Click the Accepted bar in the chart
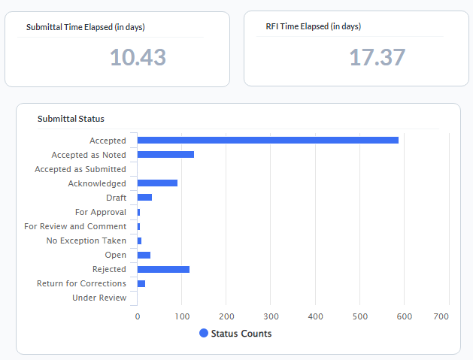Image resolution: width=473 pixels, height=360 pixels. (268, 141)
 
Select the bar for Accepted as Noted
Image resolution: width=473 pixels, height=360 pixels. (165, 155)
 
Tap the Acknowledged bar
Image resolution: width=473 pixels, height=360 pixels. (157, 183)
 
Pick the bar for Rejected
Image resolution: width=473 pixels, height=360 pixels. (163, 269)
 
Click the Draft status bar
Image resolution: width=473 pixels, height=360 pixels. (144, 198)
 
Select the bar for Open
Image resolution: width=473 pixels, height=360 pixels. (144, 255)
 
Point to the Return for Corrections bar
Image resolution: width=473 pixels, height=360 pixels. (141, 283)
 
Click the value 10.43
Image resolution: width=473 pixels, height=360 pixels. (138, 57)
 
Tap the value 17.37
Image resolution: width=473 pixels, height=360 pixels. (377, 57)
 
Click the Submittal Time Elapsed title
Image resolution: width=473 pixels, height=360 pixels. (85, 27)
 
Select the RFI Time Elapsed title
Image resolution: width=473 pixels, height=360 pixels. (313, 26)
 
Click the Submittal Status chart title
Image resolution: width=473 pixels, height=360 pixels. (71, 119)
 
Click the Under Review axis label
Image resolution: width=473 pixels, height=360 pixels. (99, 298)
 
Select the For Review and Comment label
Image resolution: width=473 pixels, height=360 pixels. (75, 226)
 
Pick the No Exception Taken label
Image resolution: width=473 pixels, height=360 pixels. (86, 241)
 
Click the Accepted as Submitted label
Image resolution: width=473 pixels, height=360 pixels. (80, 169)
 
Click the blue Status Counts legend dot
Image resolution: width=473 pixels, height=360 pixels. (204, 333)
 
